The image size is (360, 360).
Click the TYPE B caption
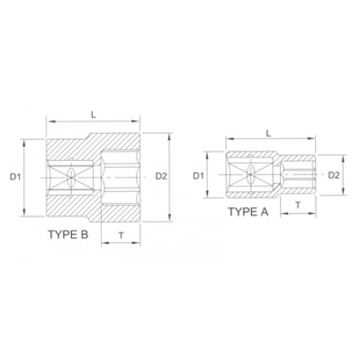(x=68, y=234)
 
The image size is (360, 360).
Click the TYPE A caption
(x=248, y=212)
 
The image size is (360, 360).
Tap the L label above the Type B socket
(x=94, y=114)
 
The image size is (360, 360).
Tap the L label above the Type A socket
(x=269, y=134)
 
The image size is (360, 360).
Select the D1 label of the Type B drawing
(x=15, y=177)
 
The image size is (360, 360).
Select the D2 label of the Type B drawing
(x=161, y=176)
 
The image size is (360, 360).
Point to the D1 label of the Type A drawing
(x=198, y=176)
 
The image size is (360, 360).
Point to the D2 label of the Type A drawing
(x=334, y=175)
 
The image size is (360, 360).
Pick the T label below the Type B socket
(x=122, y=236)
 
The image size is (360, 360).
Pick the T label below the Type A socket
(x=298, y=205)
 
